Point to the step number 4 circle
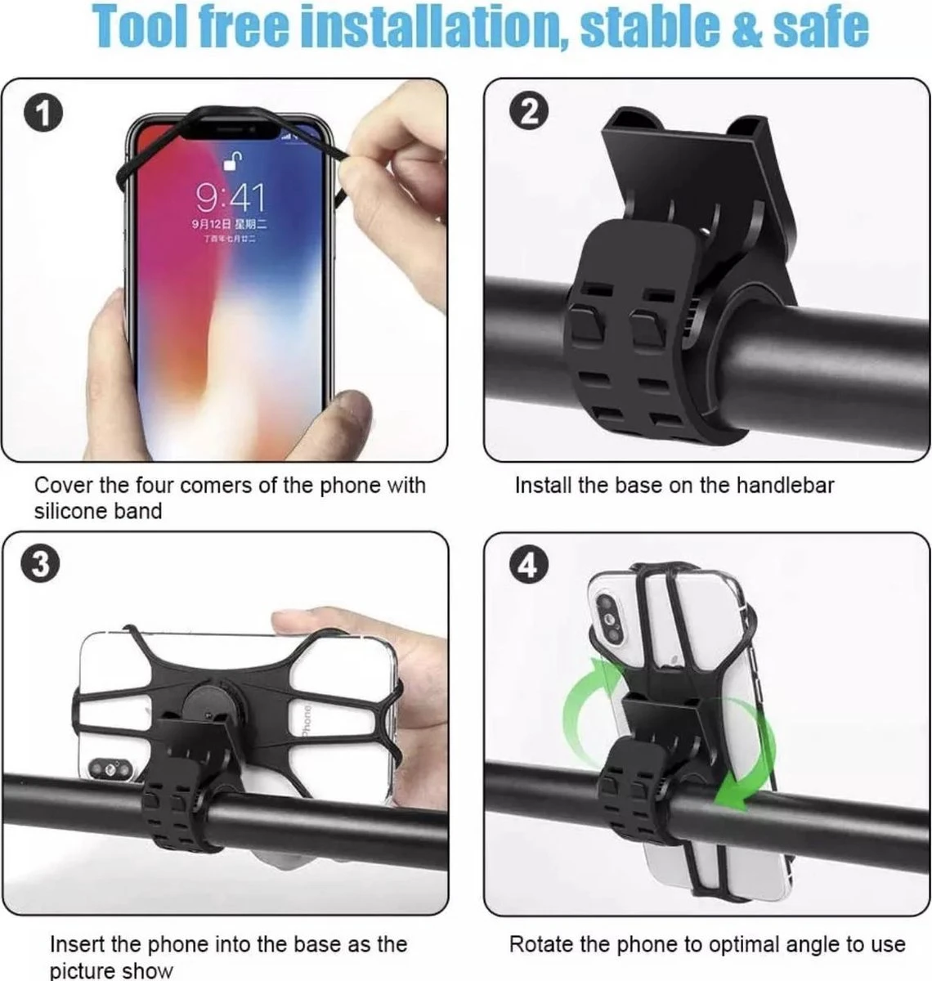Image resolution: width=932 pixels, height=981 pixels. [x=529, y=564]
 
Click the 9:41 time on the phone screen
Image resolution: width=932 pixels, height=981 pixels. [x=230, y=197]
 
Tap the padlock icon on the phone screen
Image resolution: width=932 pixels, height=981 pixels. [x=235, y=160]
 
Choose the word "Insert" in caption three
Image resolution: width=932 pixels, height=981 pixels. [x=78, y=945]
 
